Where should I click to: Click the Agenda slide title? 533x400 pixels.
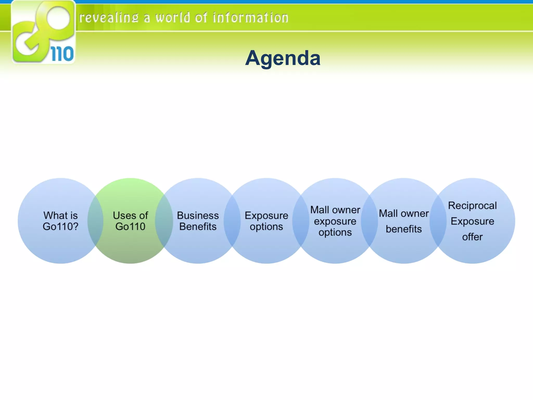283,58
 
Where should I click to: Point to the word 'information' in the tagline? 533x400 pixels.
250,18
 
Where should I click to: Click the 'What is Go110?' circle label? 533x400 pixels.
60,221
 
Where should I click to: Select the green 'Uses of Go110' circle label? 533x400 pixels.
130,221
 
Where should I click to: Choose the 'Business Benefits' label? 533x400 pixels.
198,221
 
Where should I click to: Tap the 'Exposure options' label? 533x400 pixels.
266,221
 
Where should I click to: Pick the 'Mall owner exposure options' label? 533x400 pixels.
335,221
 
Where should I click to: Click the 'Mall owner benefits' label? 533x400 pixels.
404,221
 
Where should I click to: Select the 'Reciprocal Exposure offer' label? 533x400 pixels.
472,221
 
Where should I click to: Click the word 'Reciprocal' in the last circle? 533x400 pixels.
472,206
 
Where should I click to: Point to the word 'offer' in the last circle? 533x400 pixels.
472,237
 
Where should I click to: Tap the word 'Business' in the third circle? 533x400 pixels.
198,216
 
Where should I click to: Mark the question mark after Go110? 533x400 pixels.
75,226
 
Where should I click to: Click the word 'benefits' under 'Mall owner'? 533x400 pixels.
404,229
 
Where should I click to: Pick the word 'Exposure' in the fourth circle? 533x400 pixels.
266,216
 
